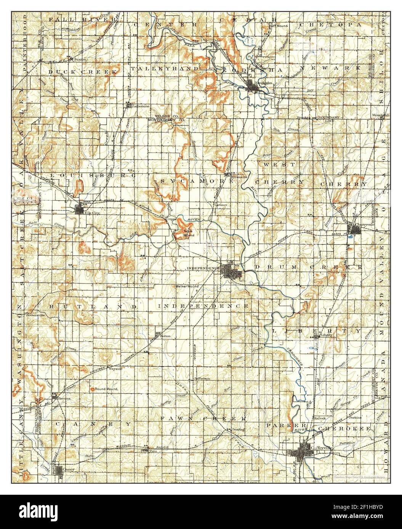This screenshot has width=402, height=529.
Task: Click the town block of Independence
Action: pos(229,271)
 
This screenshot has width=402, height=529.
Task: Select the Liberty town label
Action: pos(326,335)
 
